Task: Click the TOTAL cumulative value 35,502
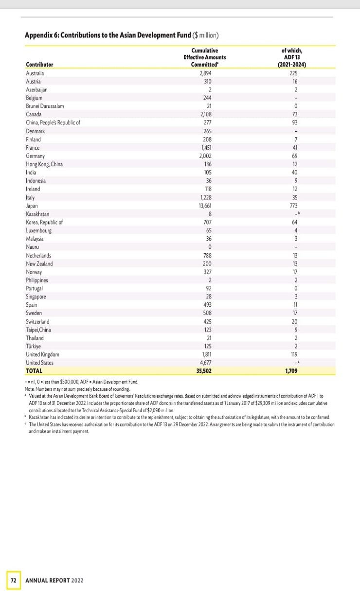204,371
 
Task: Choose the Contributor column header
39,65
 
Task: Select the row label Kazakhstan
37,214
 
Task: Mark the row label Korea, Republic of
44,222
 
